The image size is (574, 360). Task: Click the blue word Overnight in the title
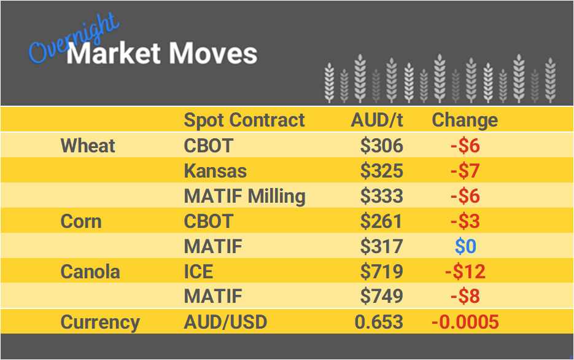coord(74,38)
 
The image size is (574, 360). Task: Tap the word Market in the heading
coord(114,53)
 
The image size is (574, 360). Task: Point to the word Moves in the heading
coord(212,53)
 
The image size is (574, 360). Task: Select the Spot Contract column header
coord(244,120)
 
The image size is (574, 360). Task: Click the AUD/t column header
coord(377,120)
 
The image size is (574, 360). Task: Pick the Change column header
coord(465,120)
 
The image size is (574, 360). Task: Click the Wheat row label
coord(88,146)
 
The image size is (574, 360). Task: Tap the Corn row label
coord(81,221)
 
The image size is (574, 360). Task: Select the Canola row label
coord(90,272)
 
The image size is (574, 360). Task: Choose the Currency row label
coord(100,322)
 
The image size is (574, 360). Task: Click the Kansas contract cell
coord(215,171)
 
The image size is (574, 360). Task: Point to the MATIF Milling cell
coord(244,196)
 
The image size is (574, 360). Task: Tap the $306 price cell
coord(381,146)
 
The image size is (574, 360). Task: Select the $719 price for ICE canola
coord(381,272)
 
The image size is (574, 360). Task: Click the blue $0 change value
coord(465,246)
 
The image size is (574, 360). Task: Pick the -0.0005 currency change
coord(465,322)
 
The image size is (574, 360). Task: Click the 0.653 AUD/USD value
coord(379,322)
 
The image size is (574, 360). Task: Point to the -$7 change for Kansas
coord(465,171)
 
